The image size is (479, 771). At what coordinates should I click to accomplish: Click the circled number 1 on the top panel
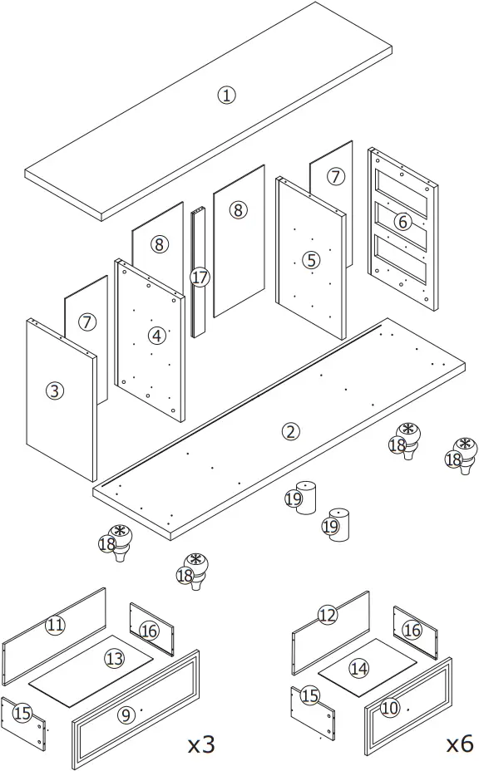[226, 95]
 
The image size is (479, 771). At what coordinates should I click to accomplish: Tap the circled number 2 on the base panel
[290, 430]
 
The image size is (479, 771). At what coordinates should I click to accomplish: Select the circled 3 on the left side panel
[55, 390]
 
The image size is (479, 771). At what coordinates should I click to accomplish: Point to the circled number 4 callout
[156, 336]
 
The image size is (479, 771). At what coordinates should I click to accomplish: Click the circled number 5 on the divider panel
[310, 260]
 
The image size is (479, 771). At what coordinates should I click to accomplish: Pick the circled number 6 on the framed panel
[402, 222]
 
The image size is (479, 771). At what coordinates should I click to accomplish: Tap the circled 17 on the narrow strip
[200, 277]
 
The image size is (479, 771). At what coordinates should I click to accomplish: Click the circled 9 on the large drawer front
[126, 714]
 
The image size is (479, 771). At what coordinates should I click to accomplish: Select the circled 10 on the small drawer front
[390, 707]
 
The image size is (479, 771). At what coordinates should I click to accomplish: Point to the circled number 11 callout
[55, 624]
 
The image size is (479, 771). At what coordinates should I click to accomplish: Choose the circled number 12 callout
[328, 615]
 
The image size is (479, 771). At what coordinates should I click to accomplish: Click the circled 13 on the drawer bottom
[114, 659]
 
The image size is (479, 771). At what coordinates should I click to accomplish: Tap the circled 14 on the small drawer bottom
[358, 667]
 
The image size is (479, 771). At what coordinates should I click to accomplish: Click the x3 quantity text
[201, 744]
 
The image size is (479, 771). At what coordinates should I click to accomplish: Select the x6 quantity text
[460, 744]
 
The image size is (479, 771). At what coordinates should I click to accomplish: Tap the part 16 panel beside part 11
[150, 631]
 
